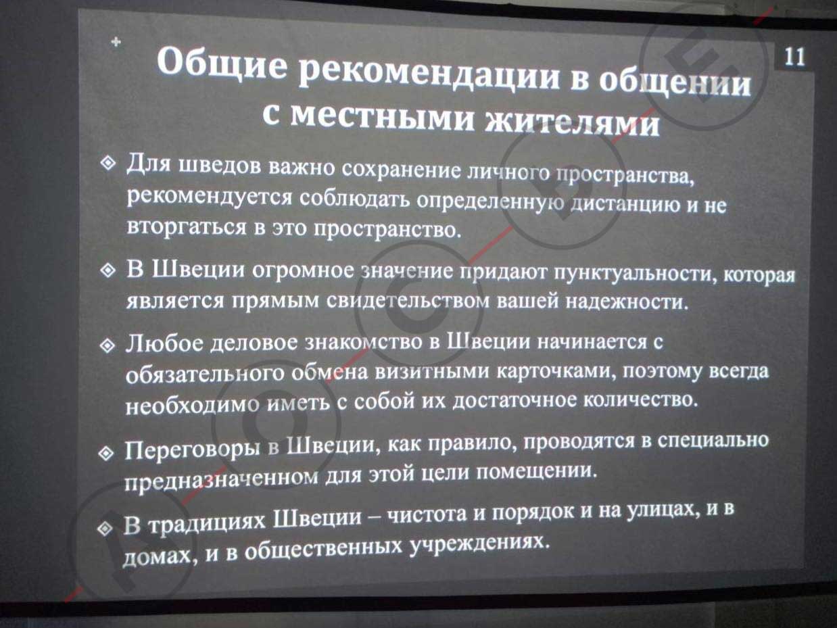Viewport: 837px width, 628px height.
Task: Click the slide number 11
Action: point(794,57)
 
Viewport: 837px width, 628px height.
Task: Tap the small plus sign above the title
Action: point(116,41)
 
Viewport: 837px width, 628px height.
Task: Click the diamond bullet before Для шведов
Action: point(108,163)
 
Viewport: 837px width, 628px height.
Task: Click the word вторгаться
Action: point(187,227)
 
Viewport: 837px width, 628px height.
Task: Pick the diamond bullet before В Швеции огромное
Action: point(108,270)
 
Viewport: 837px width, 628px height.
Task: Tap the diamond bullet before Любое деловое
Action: point(107,346)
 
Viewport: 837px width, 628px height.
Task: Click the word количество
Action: point(641,400)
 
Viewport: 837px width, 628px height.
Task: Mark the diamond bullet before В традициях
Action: point(105,529)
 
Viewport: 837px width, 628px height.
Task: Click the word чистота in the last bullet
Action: point(427,514)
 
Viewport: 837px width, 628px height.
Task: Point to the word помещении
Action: point(537,472)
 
